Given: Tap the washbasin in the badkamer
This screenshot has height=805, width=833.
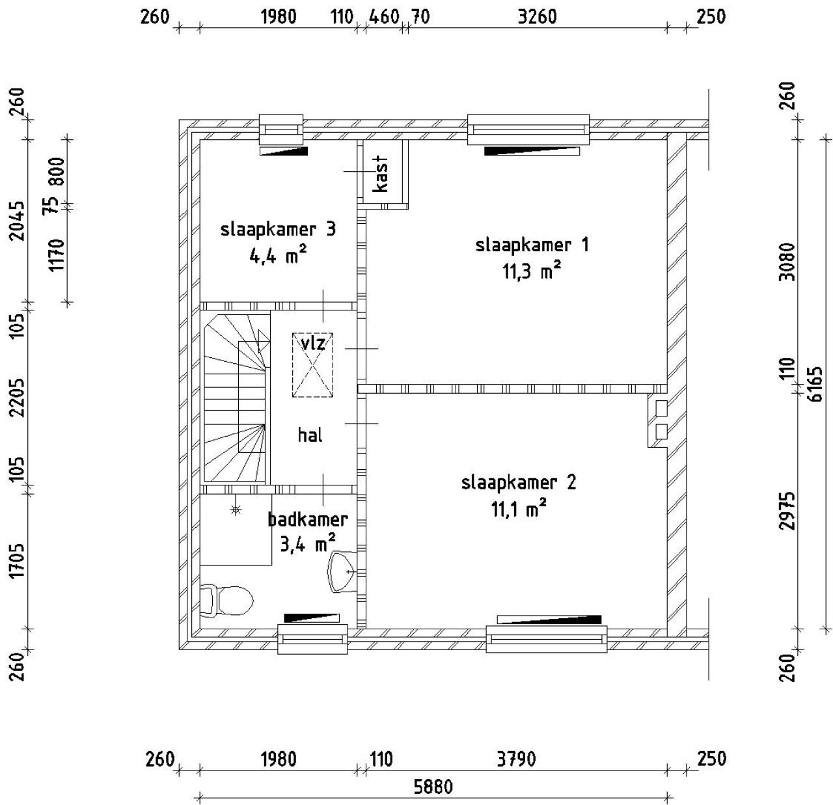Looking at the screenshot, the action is click(342, 572).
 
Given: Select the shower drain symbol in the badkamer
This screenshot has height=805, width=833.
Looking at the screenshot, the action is click(235, 510).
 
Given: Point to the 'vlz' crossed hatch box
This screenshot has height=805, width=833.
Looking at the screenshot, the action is click(313, 365).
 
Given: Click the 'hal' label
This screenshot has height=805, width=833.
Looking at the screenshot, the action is click(310, 435).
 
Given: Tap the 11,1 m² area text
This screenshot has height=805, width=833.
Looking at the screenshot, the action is click(519, 509).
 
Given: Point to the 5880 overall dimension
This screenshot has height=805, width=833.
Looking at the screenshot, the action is click(433, 786).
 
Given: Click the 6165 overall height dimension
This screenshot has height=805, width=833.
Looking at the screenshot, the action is click(815, 384).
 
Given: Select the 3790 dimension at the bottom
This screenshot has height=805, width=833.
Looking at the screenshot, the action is click(516, 759).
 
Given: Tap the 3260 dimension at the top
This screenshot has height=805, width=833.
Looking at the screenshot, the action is click(537, 17).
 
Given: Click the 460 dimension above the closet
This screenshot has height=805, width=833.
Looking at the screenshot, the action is click(384, 17).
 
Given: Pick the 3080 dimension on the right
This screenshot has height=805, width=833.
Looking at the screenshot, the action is click(787, 262).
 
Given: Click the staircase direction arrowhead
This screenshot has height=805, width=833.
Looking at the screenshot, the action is click(264, 341).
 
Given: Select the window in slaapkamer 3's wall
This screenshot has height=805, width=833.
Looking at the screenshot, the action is click(281, 130).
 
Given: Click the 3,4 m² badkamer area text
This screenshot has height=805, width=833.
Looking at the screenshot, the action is click(307, 544).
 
